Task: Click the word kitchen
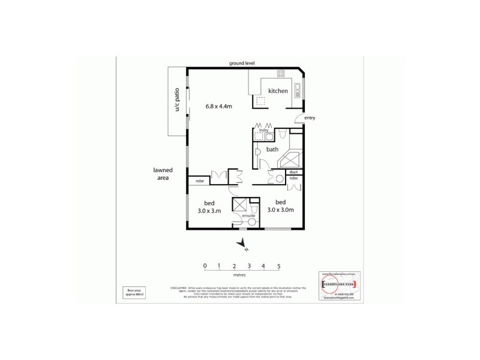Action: click(x=278, y=91)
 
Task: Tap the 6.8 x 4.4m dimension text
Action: click(x=219, y=107)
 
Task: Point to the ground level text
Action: click(x=242, y=63)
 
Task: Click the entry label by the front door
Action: click(x=310, y=118)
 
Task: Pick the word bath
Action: click(x=273, y=149)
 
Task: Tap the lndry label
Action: click(x=263, y=130)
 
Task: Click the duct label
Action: click(x=293, y=172)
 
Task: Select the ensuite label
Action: click(x=248, y=215)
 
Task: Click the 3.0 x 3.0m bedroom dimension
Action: click(x=280, y=210)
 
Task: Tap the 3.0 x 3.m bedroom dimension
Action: click(x=210, y=211)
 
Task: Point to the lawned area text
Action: click(x=163, y=174)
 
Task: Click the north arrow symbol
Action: click(x=242, y=243)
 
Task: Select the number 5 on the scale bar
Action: click(x=279, y=265)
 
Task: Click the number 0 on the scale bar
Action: click(x=205, y=265)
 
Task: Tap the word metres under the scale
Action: click(x=242, y=277)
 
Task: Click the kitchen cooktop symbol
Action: click(x=280, y=74)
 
